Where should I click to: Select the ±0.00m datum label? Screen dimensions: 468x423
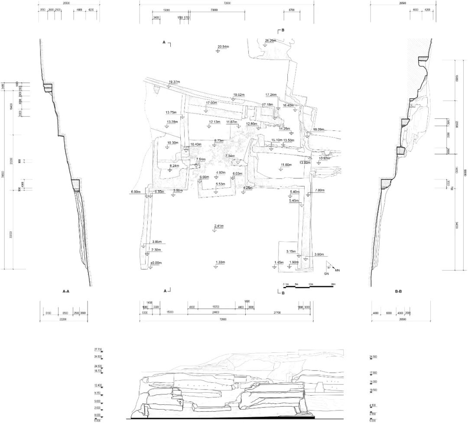pos(156,263)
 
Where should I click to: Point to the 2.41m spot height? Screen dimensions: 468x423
pos(219,226)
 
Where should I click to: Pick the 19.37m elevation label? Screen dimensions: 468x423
pos(175,82)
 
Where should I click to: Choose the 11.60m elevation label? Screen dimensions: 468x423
pos(286,165)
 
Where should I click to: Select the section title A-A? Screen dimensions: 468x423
pos(66,292)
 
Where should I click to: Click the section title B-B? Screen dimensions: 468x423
pos(399,292)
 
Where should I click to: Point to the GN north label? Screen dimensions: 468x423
pos(327,274)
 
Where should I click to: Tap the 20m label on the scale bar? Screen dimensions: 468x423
pos(333,284)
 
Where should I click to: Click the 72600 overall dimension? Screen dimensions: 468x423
pos(227,3)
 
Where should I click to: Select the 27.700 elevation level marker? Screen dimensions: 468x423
pos(98,349)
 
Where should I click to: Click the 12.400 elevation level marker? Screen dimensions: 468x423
pos(98,385)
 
